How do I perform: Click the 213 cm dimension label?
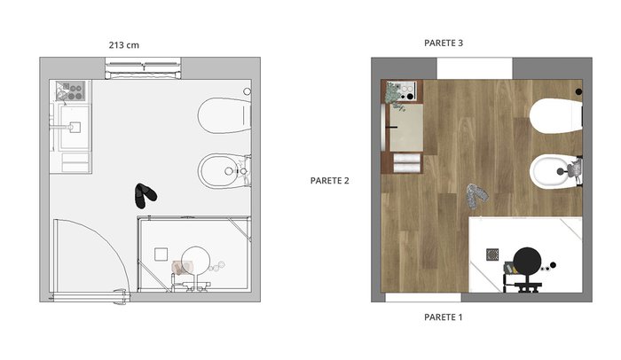124,45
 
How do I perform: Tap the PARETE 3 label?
444,43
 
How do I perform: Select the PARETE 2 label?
329,181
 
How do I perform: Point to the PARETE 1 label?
444,317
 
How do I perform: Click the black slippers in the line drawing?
145,195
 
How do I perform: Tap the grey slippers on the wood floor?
477,196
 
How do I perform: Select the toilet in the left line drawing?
224,115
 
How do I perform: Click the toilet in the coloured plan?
556,115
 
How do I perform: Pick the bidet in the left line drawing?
224,171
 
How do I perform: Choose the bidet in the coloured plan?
555,171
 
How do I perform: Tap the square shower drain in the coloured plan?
492,254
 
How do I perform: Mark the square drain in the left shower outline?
161,254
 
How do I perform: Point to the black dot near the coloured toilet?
578,91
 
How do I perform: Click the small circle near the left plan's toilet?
248,91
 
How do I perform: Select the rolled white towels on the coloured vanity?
406,163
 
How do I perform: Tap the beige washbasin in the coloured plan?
406,127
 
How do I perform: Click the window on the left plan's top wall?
143,68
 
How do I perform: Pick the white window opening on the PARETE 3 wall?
475,68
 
